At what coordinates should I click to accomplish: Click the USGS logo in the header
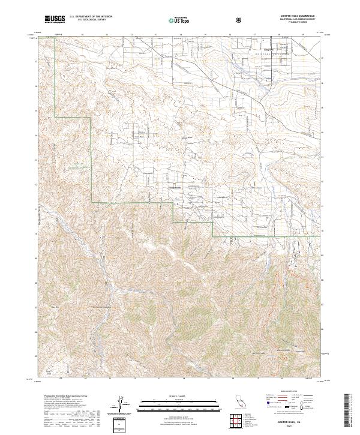coord(55,19)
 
